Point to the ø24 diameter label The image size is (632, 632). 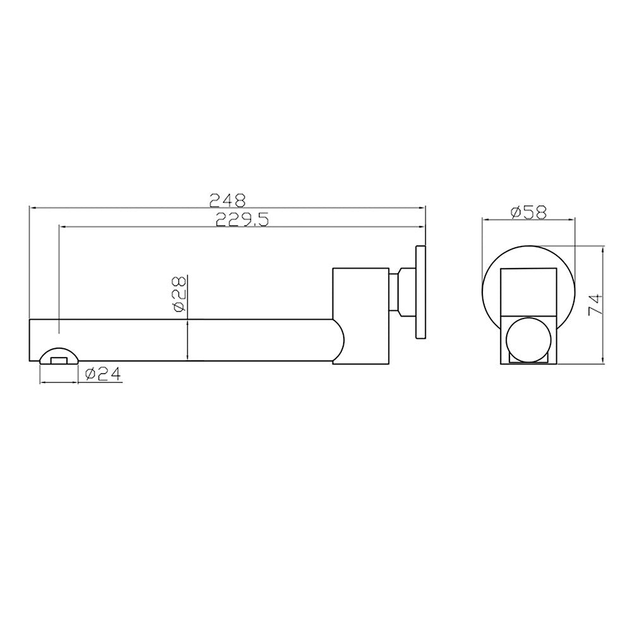[102, 374]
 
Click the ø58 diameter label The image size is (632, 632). [529, 212]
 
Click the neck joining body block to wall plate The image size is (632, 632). [401, 292]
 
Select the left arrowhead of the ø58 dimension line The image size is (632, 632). [486, 219]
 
